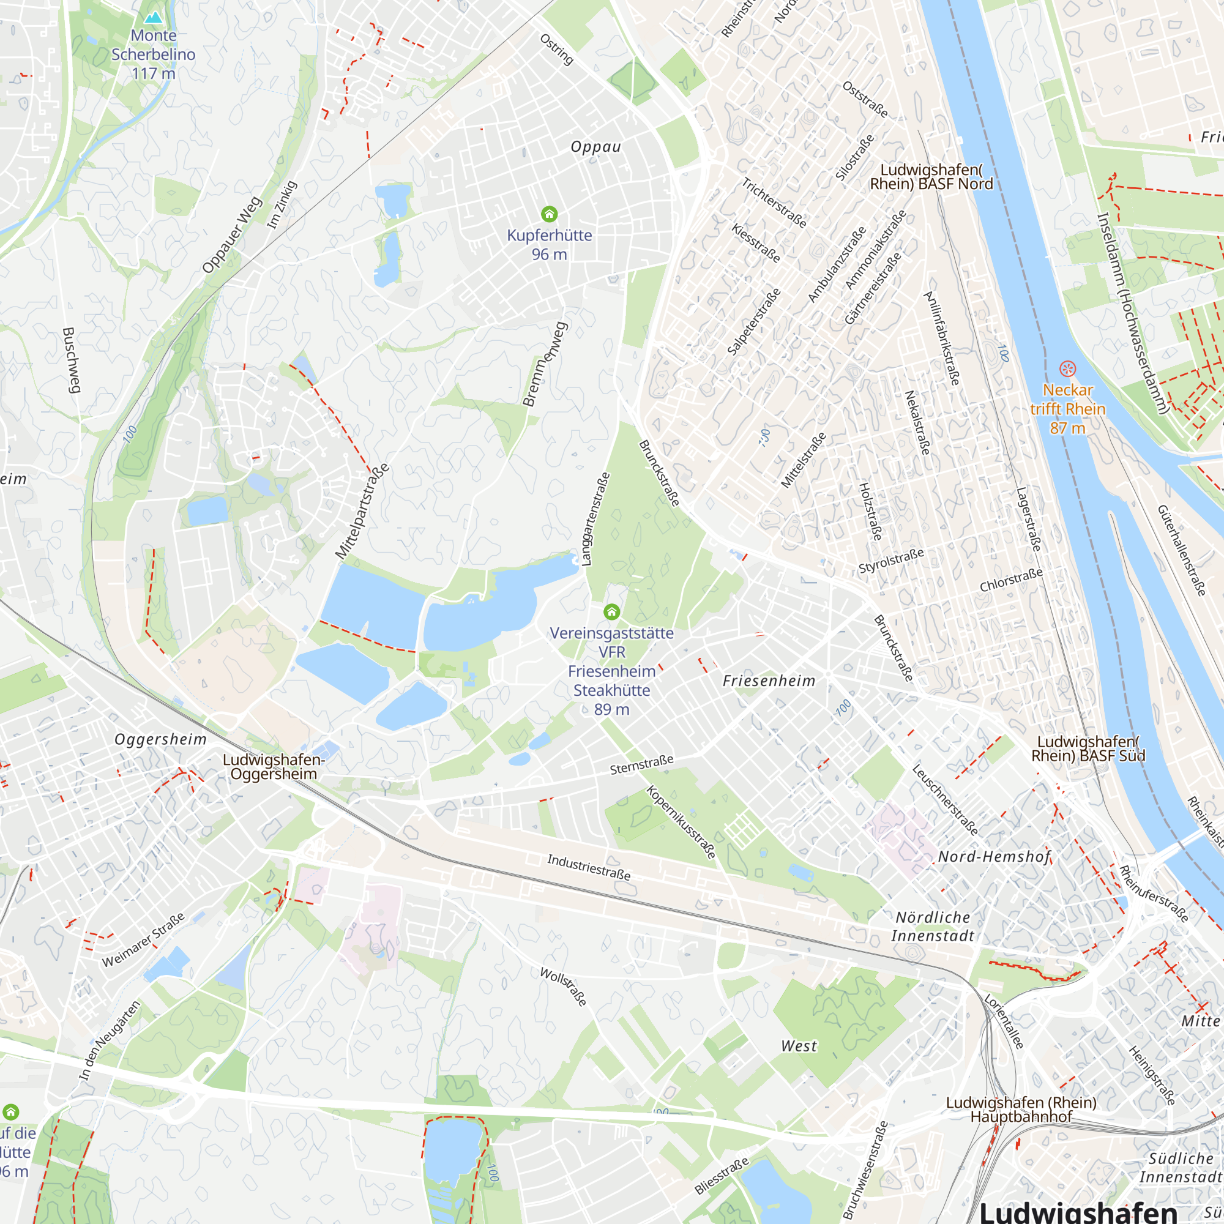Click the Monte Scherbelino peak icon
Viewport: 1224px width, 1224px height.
[154, 17]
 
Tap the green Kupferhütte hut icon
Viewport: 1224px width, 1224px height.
[550, 214]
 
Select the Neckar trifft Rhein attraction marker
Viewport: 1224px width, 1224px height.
[1067, 368]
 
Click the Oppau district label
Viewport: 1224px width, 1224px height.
[595, 147]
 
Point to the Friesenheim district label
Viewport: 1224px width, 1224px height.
[769, 681]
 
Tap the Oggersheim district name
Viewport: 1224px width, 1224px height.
[160, 739]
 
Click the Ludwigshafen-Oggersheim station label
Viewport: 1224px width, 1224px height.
[274, 767]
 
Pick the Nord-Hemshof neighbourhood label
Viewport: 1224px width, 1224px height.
[994, 857]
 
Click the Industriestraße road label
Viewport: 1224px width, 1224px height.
[589, 867]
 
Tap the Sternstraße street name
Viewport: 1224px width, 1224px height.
[642, 764]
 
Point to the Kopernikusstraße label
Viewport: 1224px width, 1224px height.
[681, 822]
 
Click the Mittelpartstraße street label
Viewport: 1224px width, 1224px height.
[362, 512]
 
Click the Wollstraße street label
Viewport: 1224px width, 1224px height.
[563, 987]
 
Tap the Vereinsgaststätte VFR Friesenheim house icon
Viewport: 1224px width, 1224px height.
[611, 611]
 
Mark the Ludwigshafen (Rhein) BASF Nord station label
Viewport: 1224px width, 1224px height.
[931, 177]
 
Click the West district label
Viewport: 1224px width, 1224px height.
[799, 1046]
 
